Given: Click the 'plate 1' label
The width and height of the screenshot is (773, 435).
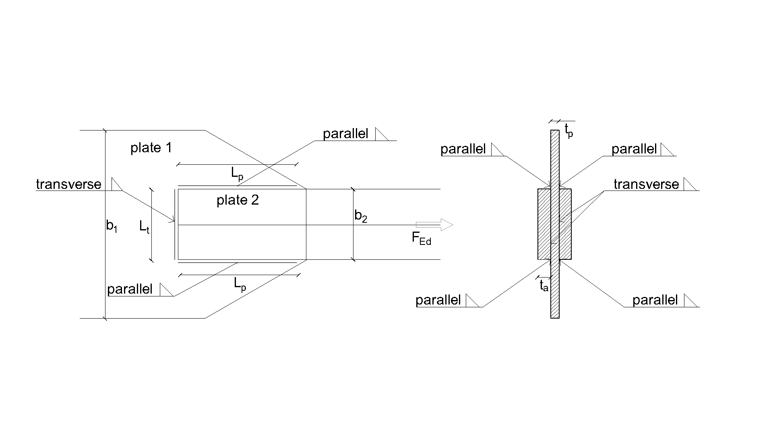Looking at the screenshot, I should (151, 148).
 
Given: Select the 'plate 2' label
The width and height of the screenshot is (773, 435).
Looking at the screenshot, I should (238, 200).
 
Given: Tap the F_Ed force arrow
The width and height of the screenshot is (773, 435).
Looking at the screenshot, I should (434, 225).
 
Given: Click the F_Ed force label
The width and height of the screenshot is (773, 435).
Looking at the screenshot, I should (421, 238).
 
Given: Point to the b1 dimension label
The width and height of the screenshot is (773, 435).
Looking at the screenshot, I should (112, 226).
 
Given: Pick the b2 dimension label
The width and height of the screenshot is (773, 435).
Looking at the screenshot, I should (361, 216).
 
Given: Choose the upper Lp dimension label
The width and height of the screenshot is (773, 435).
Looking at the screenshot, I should (237, 174).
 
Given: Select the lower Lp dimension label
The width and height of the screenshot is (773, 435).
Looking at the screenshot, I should (240, 284).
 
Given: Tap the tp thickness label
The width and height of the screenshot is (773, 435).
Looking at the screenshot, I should (568, 130).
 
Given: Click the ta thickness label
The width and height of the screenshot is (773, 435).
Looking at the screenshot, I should (544, 286).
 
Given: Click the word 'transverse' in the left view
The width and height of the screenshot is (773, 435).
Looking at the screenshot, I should (68, 184).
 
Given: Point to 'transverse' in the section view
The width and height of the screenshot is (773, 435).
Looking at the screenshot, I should (646, 184).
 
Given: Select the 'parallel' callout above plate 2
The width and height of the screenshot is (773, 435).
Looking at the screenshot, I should (345, 134).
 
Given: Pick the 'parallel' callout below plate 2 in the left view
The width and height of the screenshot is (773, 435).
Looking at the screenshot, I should (130, 289).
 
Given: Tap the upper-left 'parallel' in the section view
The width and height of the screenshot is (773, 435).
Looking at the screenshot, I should (463, 149).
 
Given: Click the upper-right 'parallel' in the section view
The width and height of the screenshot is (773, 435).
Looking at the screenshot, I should (634, 149).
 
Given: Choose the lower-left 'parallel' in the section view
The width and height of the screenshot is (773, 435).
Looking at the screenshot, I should (438, 300).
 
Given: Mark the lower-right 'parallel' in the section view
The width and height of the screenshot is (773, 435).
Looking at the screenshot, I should (655, 300).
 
